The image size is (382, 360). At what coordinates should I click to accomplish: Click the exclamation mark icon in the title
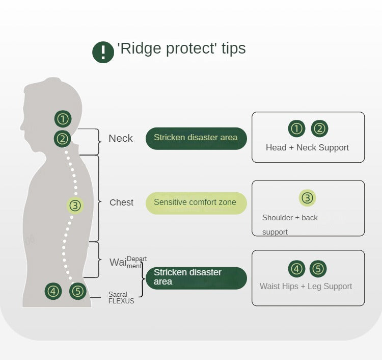103,52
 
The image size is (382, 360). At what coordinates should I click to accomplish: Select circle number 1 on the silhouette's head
63,119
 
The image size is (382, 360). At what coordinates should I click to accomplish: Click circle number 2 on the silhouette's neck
63,138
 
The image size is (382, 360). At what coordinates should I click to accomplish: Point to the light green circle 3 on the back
75,206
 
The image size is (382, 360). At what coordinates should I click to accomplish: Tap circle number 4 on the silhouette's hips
53,291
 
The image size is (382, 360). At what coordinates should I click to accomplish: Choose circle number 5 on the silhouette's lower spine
77,291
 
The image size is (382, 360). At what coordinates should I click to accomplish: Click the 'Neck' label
121,138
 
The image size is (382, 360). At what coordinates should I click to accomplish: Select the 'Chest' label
121,202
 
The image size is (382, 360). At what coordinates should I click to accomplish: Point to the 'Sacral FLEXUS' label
121,298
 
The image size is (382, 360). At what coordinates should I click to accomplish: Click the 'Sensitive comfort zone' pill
196,203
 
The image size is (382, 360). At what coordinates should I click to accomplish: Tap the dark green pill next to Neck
196,138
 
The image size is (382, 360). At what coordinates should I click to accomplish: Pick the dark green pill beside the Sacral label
196,277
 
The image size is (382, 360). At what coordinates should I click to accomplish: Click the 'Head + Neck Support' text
307,147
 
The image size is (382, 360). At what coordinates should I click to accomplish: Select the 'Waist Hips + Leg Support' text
306,286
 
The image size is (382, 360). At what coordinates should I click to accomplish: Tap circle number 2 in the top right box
319,128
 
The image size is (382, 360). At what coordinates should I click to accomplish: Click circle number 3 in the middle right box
308,198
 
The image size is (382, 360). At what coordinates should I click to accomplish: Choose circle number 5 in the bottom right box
318,269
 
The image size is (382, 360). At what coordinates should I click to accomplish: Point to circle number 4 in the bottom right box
296,269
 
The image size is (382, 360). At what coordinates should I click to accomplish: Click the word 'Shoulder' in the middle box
278,218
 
